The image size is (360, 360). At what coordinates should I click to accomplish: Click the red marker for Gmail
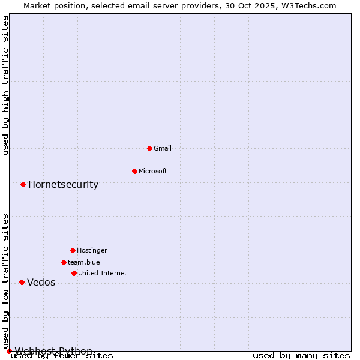click(x=149, y=148)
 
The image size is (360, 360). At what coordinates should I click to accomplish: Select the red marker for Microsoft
click(x=134, y=171)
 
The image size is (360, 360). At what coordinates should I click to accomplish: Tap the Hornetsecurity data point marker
click(x=23, y=184)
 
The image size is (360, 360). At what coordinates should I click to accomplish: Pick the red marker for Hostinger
click(x=73, y=250)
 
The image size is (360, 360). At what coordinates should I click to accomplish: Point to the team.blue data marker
click(x=64, y=262)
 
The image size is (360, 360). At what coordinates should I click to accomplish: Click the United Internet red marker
click(x=74, y=273)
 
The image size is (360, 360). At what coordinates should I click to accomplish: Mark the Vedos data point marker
click(x=22, y=282)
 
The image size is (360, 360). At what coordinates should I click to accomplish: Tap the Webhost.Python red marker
click(x=9, y=351)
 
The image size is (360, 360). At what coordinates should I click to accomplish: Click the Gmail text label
click(x=163, y=148)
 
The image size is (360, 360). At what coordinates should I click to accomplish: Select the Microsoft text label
click(x=153, y=171)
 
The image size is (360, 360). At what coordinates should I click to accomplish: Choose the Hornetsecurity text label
click(x=63, y=184)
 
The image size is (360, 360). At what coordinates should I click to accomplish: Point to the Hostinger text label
click(x=92, y=250)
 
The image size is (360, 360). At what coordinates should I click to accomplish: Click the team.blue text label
click(x=84, y=262)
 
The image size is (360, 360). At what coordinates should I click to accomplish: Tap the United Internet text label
click(x=102, y=273)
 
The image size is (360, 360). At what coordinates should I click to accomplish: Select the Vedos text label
click(x=41, y=283)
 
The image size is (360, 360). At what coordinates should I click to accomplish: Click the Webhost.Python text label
click(x=53, y=351)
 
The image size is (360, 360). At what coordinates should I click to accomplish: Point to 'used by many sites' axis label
click(x=301, y=356)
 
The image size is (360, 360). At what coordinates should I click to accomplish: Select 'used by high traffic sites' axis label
click(x=6, y=85)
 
